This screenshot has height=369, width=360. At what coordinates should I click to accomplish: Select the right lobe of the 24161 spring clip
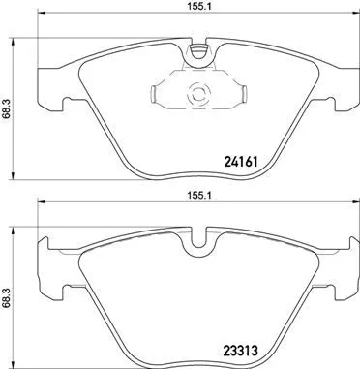tap(238, 95)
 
